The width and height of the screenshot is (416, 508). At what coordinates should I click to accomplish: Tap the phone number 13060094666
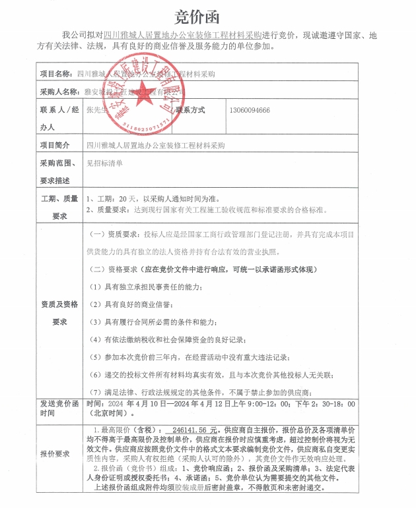[249, 110]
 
